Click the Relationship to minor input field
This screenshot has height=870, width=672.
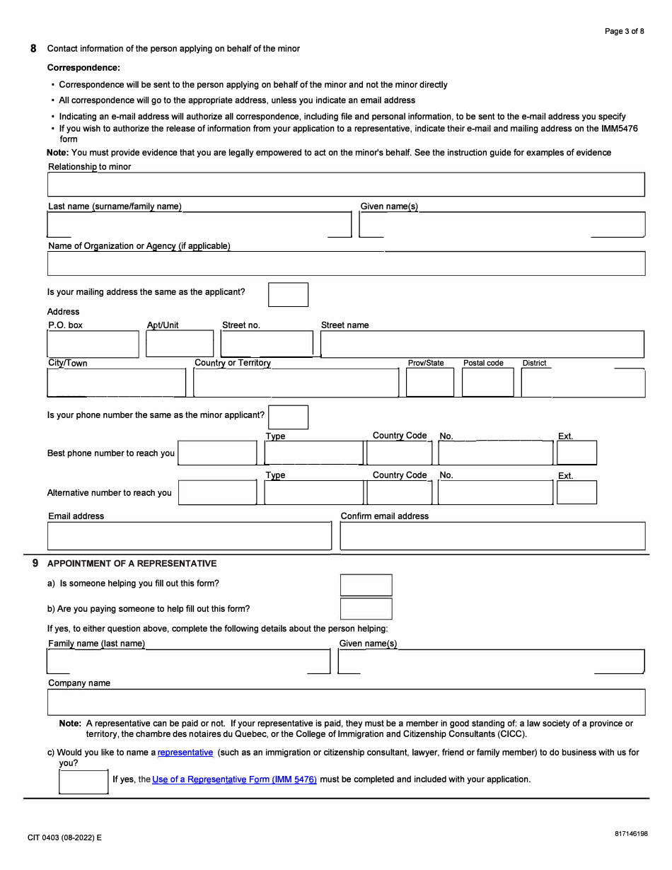[346, 185]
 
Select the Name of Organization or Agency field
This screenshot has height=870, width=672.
[346, 264]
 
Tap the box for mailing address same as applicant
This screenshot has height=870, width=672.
[288, 295]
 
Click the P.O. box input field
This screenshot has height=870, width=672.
[93, 344]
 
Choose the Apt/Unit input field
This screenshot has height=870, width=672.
[179, 344]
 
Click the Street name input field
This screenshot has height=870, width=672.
[482, 344]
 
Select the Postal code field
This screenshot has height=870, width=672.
[487, 383]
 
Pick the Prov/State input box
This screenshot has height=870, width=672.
[429, 383]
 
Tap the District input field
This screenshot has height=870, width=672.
[583, 383]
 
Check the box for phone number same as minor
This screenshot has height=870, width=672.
[288, 417]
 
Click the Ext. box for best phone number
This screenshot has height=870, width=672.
[577, 453]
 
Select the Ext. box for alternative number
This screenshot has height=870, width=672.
[577, 492]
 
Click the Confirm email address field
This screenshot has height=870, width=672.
[492, 536]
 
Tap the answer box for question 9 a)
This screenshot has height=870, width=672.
[366, 585]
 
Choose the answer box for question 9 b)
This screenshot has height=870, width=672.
[366, 609]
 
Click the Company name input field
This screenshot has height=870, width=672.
[346, 702]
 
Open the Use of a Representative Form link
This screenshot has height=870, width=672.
[234, 779]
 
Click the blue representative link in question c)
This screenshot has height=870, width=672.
[185, 753]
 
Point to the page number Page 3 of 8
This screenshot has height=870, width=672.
[625, 31]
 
